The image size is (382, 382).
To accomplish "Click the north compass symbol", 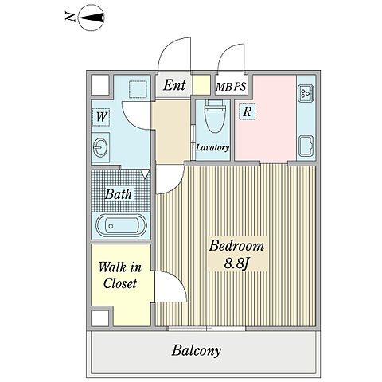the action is coord(92,18).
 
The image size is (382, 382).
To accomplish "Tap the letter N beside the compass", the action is coord(70,18).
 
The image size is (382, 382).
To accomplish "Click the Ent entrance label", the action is coord(174,85).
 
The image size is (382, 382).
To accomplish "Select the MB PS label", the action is coord(231,87).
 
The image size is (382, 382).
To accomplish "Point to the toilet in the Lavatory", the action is coord(215,116).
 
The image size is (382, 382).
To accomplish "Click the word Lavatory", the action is coord(212,147).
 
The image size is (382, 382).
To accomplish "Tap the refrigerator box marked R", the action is coord(247,111).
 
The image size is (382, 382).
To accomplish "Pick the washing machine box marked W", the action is coord(101,117).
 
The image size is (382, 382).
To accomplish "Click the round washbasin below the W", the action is coord(100,147).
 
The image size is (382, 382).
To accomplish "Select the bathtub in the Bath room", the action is coord(121,226).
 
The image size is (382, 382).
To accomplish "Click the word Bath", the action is coord(119,194).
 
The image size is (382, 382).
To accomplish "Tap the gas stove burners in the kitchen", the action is coord(306,93).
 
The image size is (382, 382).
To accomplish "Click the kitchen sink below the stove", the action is coord(306,146).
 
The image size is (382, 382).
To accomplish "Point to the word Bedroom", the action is coord(236,246).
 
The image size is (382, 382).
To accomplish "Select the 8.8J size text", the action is coord(237,263).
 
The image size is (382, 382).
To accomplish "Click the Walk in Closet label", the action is coord(120,275).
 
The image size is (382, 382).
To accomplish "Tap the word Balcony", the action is coord(197,351).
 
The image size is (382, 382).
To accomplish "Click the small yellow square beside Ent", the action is coord(201,85).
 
